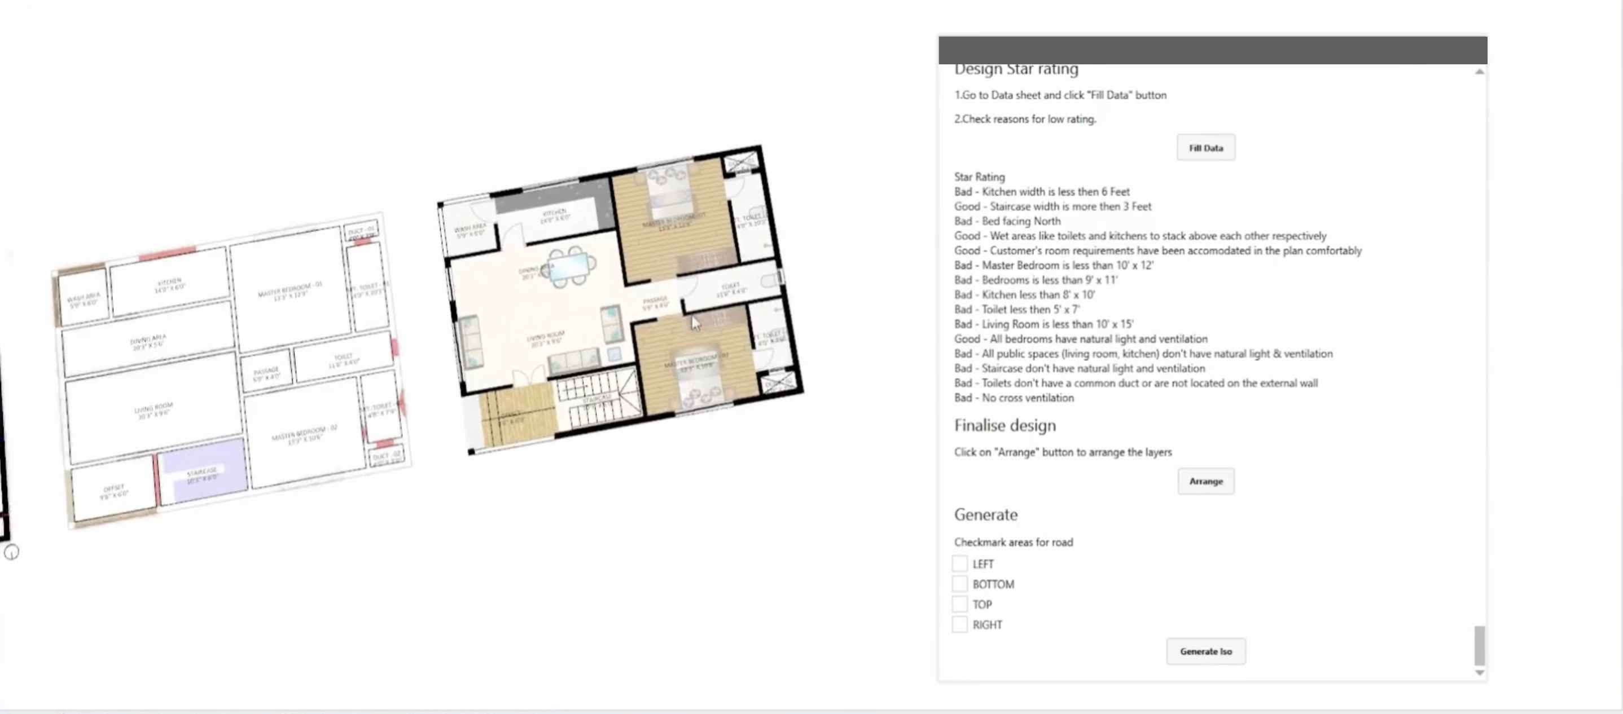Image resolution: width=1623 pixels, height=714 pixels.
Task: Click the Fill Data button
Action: pos(1205,148)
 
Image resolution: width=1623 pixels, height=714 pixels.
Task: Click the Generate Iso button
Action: pos(1205,651)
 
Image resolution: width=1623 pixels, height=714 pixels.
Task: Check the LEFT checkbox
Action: pos(959,563)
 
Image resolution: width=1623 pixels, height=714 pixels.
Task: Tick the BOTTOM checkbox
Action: pos(959,584)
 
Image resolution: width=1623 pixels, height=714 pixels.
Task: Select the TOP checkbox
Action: pos(959,605)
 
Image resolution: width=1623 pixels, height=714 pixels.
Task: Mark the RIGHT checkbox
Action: pos(959,624)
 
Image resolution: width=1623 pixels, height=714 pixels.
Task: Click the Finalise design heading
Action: pos(1004,426)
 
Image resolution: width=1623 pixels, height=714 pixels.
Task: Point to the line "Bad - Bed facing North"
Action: pos(1007,221)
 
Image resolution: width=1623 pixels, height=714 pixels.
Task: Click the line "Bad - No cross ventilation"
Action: pos(1014,398)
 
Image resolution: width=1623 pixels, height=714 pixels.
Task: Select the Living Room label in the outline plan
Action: pos(153,410)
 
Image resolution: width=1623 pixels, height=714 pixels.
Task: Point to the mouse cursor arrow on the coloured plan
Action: pos(694,323)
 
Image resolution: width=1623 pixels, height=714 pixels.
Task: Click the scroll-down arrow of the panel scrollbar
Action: pos(1479,672)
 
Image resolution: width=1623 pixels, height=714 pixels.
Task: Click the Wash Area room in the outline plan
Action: pos(83,299)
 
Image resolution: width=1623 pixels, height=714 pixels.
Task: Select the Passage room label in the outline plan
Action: pos(266,373)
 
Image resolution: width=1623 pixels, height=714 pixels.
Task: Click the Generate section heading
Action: pos(985,515)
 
